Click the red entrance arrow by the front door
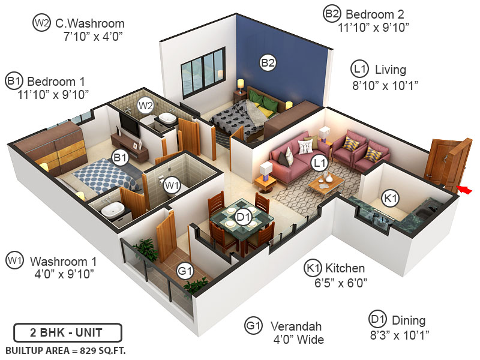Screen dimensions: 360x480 [465, 190]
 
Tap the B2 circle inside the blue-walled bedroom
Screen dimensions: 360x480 [268, 61]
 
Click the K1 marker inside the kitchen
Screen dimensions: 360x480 [391, 198]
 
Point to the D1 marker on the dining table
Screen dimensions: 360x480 [242, 217]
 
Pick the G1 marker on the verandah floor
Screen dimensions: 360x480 [185, 271]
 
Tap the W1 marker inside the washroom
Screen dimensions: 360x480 [172, 184]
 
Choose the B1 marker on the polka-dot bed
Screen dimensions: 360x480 [121, 158]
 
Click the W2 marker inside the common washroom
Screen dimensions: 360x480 [146, 106]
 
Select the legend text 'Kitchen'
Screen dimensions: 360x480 [345, 268]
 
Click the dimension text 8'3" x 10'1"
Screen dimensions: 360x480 [400, 334]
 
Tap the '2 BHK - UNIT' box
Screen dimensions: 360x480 [67, 332]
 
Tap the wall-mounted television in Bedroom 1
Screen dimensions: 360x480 [128, 123]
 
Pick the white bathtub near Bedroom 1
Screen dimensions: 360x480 [113, 210]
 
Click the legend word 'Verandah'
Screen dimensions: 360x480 [296, 326]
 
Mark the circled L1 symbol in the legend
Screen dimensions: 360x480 [360, 69]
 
